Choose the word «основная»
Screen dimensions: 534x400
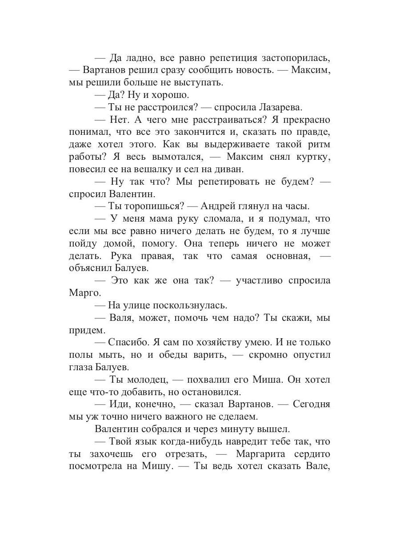(284, 256)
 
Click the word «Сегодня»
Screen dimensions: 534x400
(311, 405)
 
